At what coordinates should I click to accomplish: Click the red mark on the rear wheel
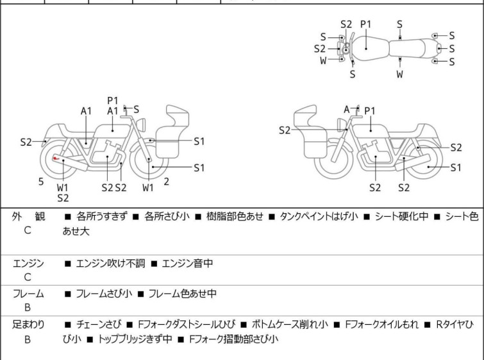point(56,160)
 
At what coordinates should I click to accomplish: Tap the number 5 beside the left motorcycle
point(41,182)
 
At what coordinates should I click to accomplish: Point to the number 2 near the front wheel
point(166,182)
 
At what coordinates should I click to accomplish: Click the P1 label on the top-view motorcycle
point(365,24)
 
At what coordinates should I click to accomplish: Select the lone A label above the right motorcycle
point(347,109)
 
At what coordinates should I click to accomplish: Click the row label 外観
point(28,217)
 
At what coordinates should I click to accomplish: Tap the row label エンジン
point(28,263)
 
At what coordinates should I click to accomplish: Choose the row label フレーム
point(28,294)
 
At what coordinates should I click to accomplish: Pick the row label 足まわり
point(28,325)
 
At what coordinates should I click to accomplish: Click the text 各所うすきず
point(103,217)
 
